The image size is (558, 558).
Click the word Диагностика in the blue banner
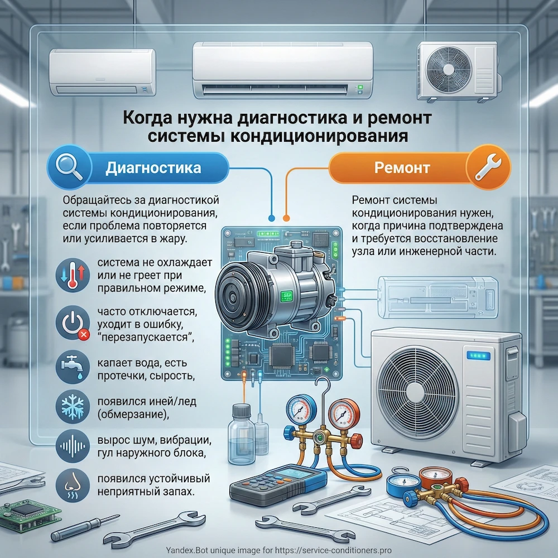[x=153, y=167]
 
